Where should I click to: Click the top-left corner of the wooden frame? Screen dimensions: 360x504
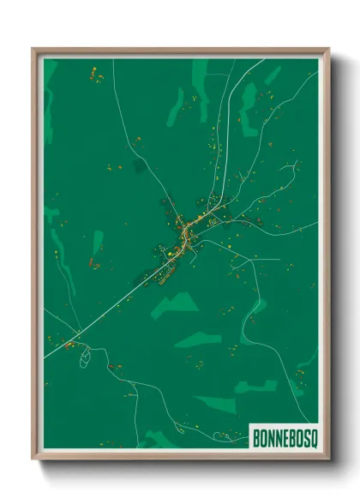point(33,50)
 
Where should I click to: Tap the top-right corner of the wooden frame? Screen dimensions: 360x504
point(328,50)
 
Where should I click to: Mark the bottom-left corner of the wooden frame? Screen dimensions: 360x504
point(33,459)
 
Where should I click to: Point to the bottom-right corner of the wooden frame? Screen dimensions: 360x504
point(328,459)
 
